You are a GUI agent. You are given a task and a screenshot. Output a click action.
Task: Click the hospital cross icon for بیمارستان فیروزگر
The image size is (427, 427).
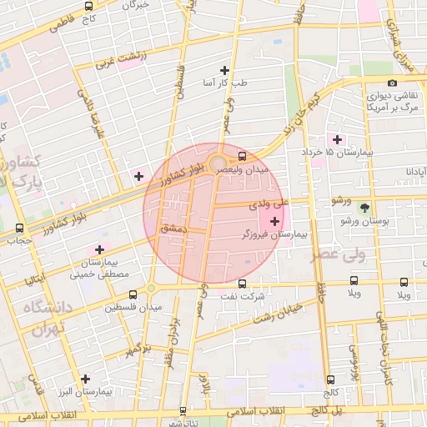coord(275,221)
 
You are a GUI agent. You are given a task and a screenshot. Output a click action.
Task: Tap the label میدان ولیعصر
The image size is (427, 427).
coord(243,169)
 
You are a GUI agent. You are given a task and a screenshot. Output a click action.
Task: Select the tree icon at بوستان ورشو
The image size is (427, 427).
coord(364,207)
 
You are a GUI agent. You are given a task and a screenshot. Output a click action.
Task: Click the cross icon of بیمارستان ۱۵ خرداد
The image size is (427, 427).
coord(337,138)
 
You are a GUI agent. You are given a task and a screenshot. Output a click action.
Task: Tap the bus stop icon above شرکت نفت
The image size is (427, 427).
coord(243,284)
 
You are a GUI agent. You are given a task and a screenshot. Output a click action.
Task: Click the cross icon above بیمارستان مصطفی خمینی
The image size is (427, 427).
coord(99,249)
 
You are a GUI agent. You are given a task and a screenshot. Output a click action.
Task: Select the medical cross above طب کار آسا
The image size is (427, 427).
coord(224,70)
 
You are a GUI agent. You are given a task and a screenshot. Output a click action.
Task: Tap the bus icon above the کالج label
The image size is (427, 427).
coord(331,379)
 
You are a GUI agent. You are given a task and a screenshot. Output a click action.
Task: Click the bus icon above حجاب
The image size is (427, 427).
coord(19,228)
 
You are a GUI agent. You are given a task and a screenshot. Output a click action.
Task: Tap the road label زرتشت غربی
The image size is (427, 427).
coord(121,58)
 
